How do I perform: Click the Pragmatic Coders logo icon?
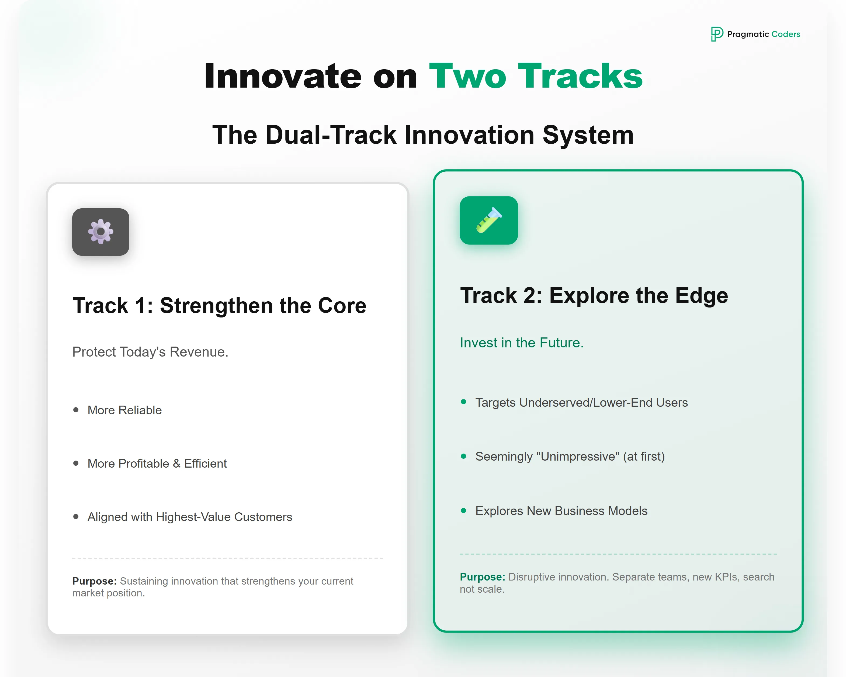coord(716,34)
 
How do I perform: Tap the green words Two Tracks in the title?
coord(536,76)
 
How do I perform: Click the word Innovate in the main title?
coord(283,76)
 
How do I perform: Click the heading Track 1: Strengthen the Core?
coord(219,305)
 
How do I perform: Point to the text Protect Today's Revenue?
coord(150,352)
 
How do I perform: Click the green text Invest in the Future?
coord(522,343)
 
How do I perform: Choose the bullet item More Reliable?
coord(124,410)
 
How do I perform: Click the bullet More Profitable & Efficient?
coord(157,464)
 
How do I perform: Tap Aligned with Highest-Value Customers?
coord(190,517)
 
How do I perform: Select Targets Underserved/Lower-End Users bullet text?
coord(581,402)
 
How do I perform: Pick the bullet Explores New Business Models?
coord(561,511)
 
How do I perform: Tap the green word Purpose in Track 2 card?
coord(482,577)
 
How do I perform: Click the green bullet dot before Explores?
coord(463,511)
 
